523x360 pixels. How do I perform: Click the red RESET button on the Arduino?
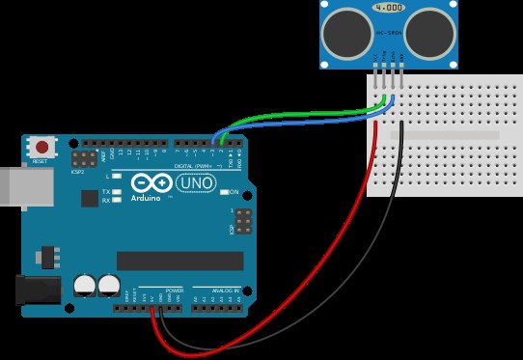(41, 148)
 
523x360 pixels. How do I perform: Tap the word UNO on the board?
(198, 182)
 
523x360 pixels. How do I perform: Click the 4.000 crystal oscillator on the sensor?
(388, 8)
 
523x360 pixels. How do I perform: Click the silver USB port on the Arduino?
(12, 186)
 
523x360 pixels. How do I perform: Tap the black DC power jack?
(37, 291)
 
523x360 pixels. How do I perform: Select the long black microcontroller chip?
(179, 261)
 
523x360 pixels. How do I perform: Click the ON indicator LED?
(225, 192)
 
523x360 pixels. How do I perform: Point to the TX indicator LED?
(117, 192)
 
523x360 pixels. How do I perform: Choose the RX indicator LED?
(117, 200)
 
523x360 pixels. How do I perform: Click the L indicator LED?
(117, 178)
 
